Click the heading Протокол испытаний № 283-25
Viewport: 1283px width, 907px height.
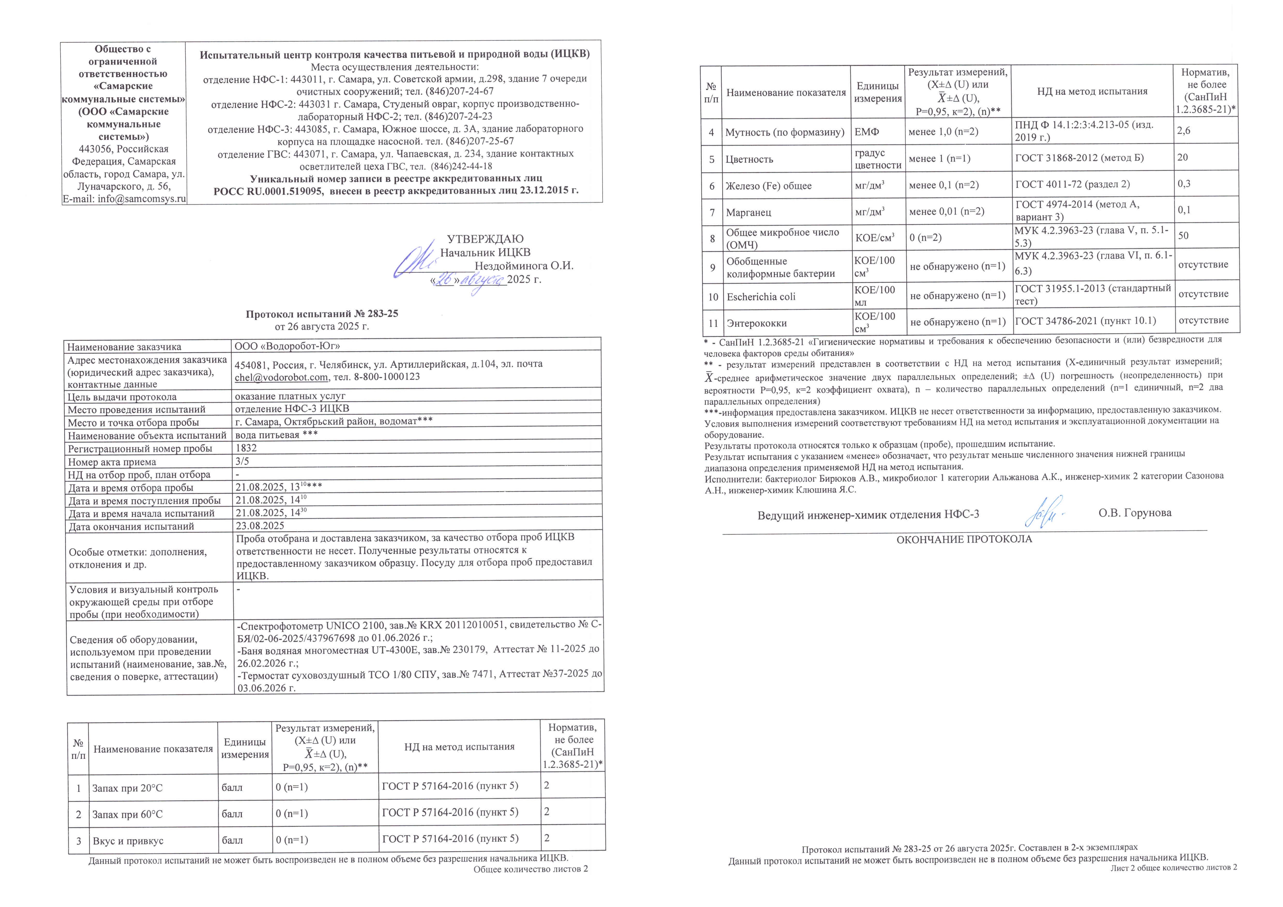(x=322, y=314)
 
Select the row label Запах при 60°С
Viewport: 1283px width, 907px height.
(x=127, y=814)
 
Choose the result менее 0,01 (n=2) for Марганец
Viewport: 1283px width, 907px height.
(x=947, y=211)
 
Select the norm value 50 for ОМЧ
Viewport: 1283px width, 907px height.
(x=1183, y=235)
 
